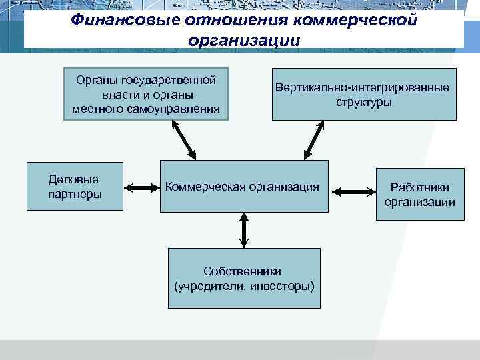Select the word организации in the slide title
tap(244, 40)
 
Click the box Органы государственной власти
tap(145, 94)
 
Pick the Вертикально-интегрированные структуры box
tap(364, 94)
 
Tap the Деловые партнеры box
tap(75, 187)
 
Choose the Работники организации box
tap(419, 195)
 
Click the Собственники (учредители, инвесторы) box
tap(243, 278)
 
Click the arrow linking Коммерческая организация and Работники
tap(346, 192)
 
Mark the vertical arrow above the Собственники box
tap(244, 230)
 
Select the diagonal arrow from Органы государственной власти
tap(181, 140)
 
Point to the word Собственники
tap(243, 271)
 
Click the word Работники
tap(420, 188)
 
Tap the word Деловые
tap(74, 179)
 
